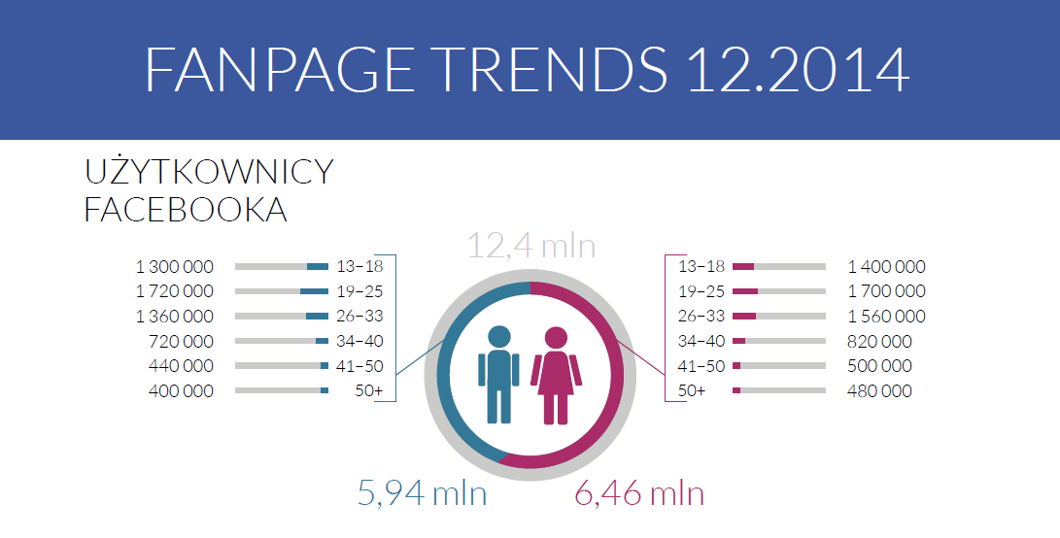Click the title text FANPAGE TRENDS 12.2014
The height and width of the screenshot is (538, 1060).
click(528, 68)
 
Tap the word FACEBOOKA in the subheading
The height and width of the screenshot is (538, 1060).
click(186, 211)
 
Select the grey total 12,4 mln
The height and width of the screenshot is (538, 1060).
click(530, 246)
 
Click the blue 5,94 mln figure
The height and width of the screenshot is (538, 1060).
click(422, 494)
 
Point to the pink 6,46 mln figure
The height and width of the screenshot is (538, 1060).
click(638, 494)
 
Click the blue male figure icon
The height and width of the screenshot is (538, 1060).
click(498, 375)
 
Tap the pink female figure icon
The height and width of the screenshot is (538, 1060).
click(556, 375)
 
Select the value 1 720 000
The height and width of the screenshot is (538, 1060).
click(175, 291)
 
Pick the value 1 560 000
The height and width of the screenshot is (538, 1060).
click(886, 317)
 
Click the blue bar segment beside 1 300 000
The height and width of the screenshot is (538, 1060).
click(318, 266)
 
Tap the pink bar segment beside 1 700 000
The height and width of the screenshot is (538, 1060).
click(745, 291)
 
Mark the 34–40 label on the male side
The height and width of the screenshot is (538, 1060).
click(359, 342)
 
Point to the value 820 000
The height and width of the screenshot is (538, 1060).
click(880, 342)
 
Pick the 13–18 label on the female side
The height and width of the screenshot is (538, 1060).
click(701, 266)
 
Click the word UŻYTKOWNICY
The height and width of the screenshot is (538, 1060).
click(209, 173)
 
